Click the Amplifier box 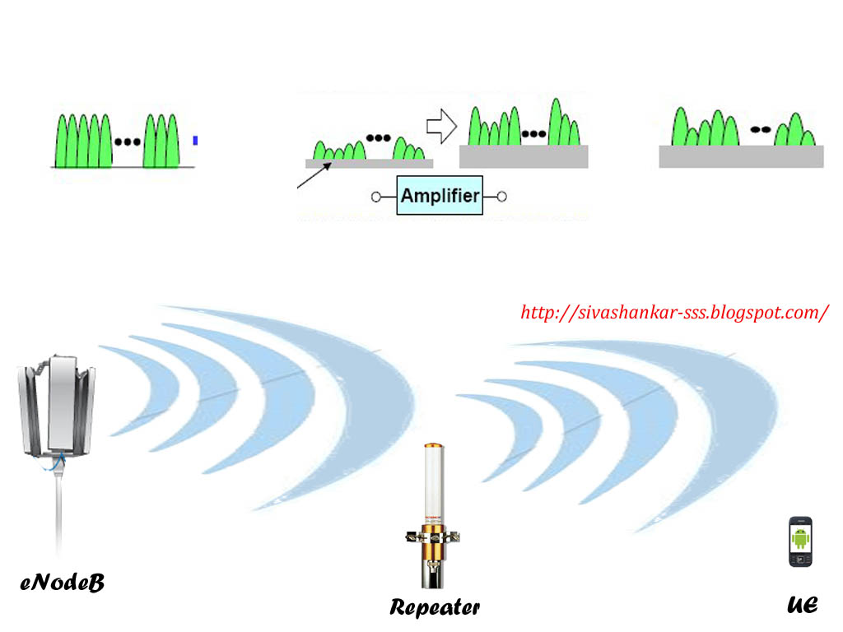440,196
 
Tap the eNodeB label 63,583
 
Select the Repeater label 435,608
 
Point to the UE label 802,605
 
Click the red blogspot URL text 674,313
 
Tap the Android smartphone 800,541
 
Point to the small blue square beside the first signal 195,141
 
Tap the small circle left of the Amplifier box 376,197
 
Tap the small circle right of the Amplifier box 501,197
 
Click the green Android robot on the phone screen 800,538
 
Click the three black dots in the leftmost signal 128,142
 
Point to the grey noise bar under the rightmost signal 741,156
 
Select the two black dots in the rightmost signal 760,128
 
